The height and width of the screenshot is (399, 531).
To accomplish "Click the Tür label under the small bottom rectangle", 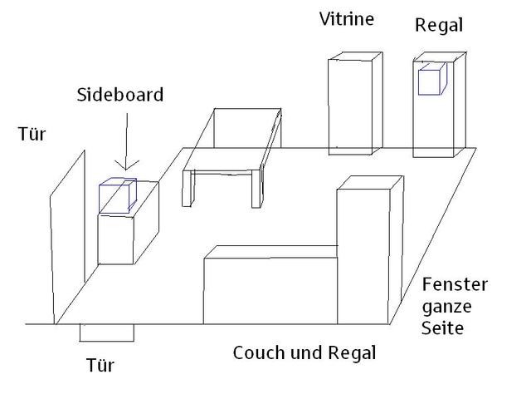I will point(100,365).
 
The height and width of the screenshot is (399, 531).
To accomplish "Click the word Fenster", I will point(455,286).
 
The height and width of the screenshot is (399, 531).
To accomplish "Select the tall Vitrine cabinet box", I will point(354,104).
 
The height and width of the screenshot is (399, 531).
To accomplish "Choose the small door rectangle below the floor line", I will point(106,332).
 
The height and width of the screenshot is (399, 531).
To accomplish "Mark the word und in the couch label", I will point(310,353).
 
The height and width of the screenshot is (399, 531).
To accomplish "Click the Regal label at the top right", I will point(438,26).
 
